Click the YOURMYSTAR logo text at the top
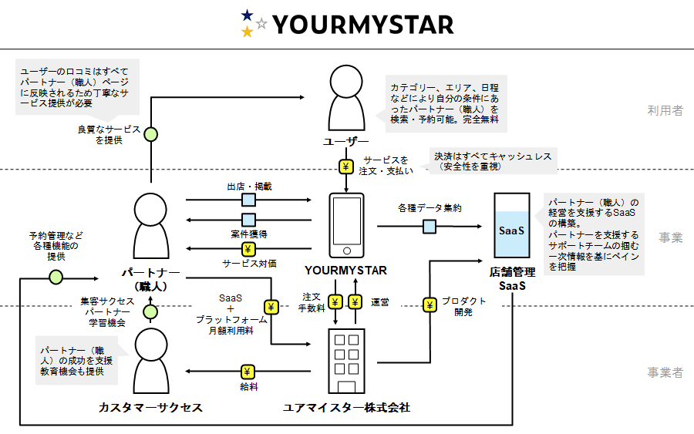pos(363,25)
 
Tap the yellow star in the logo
pos(247,32)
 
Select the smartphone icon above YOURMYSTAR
pos(345,224)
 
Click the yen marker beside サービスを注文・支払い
pos(345,167)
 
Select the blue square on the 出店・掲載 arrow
pos(249,200)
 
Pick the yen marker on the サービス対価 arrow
pos(248,249)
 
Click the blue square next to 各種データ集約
pos(430,226)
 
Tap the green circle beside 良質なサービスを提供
pos(151,134)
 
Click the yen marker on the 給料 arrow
pos(248,372)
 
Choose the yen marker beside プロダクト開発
pos(430,306)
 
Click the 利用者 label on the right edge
pos(665,110)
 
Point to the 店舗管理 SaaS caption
pos(511,278)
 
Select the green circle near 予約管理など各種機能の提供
pos(56,277)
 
